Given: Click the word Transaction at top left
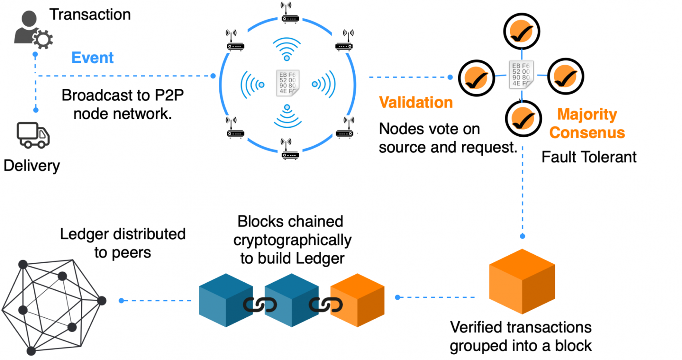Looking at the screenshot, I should [90, 15].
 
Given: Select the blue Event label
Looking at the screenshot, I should [92, 58].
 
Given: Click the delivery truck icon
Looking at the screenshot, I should [33, 135].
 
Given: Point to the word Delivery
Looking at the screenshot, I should [32, 166].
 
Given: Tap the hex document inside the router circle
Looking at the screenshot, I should [287, 83].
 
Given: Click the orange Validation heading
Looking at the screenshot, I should [416, 103].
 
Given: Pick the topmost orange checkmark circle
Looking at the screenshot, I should [521, 32].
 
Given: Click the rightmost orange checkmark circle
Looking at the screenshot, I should [565, 77].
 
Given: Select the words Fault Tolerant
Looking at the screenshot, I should [589, 157].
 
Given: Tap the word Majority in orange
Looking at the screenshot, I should [587, 114].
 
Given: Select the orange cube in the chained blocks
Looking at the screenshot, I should [357, 301].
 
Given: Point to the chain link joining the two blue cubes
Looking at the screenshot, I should [260, 305].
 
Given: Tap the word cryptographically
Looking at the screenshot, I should [292, 240].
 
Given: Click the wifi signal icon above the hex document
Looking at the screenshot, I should [287, 48].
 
